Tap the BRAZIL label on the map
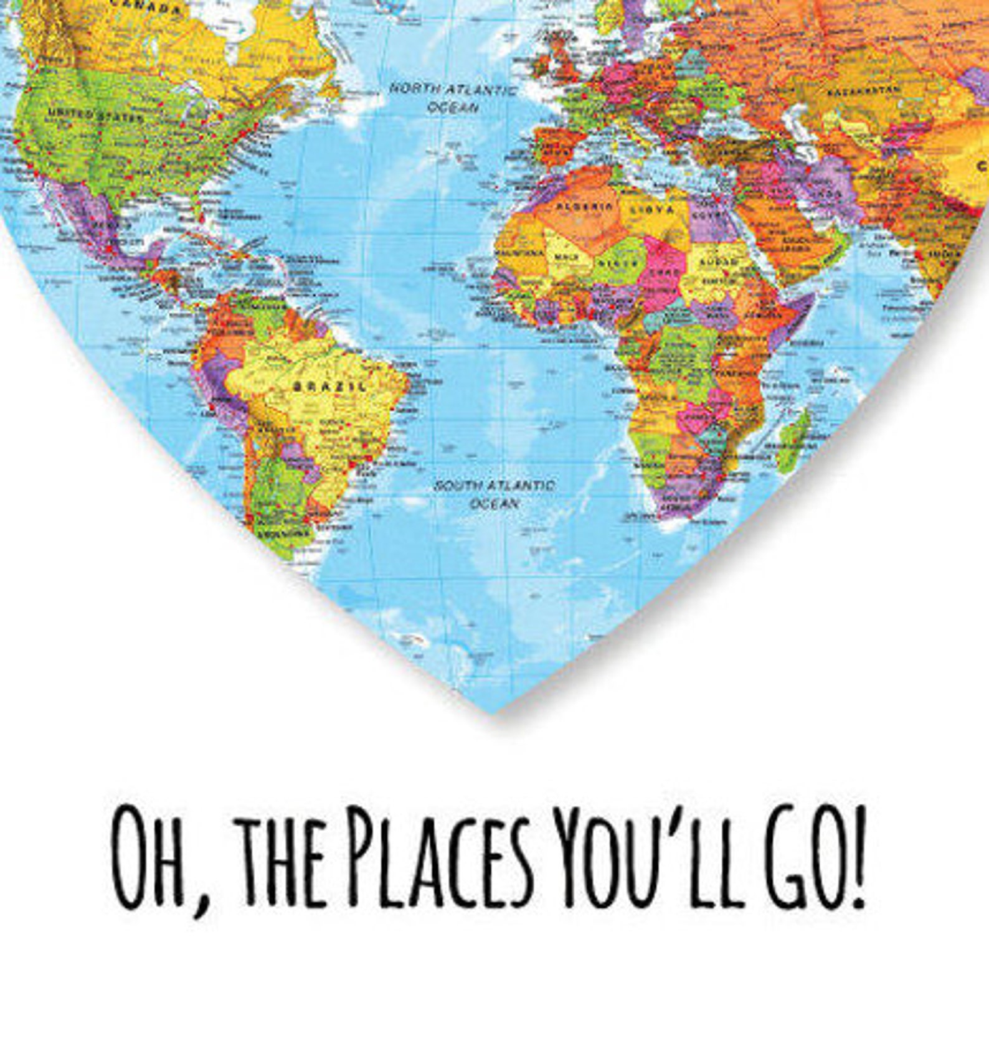click(329, 387)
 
